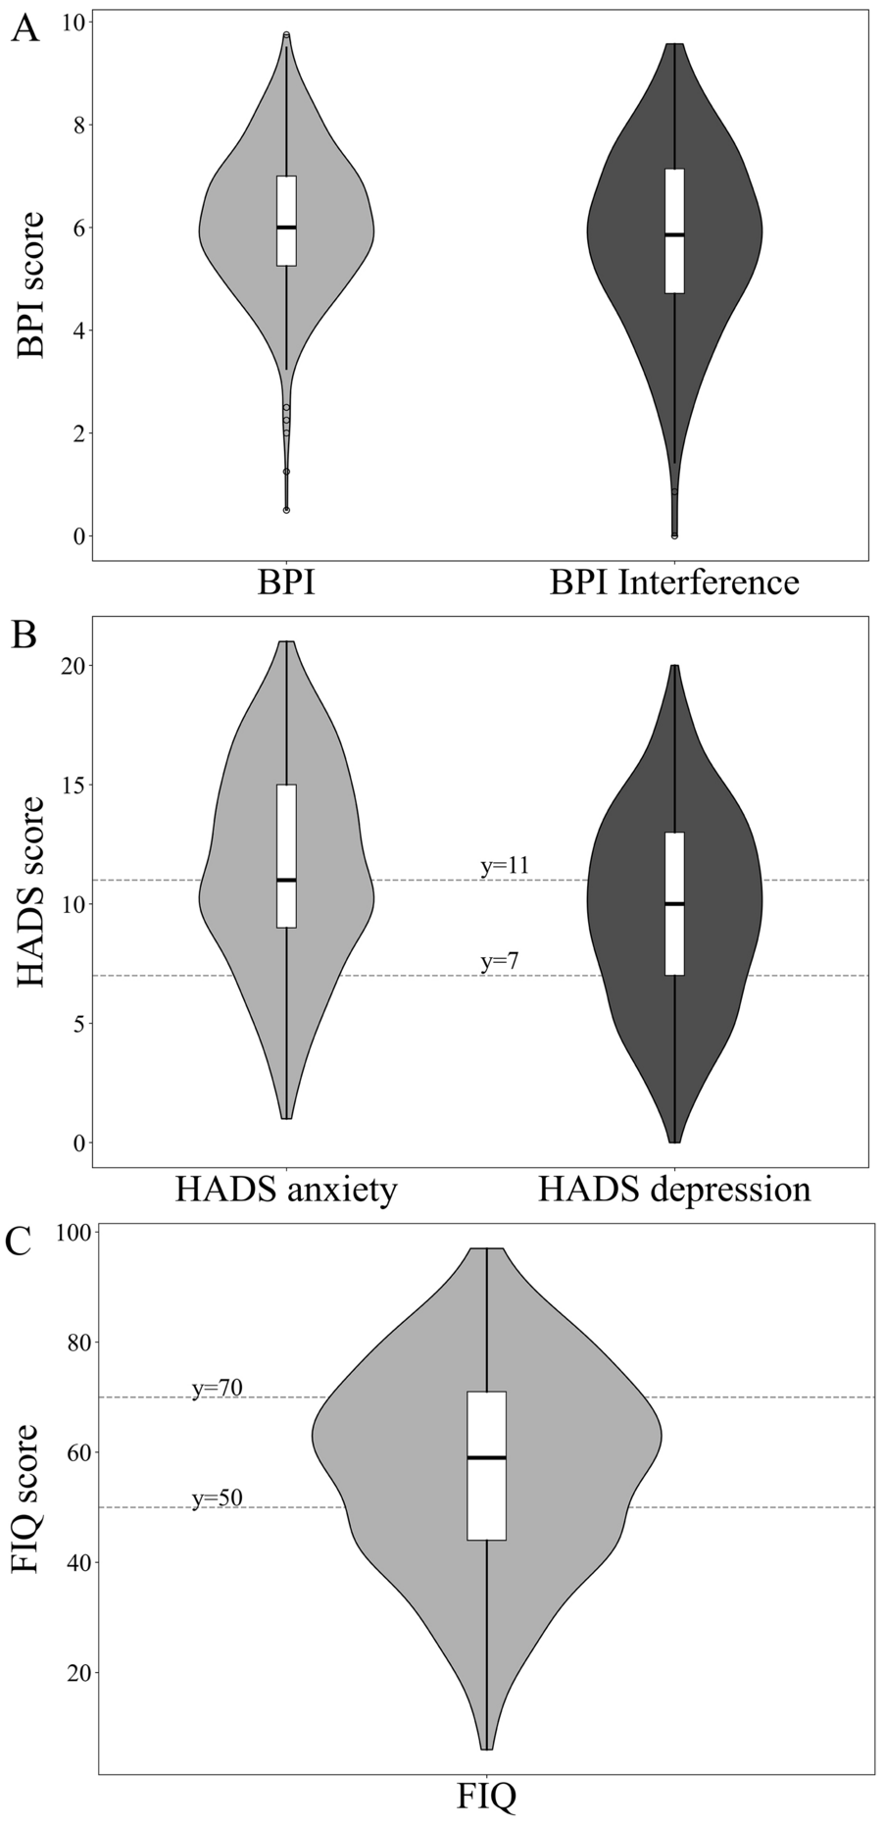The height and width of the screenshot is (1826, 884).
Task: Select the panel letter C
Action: tap(25, 1243)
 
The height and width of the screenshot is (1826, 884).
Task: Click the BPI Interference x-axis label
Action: tap(674, 583)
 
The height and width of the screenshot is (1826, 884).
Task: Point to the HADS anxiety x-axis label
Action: tap(286, 1189)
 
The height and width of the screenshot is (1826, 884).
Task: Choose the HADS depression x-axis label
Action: tap(674, 1189)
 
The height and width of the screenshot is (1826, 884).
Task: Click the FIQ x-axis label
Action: tap(486, 1797)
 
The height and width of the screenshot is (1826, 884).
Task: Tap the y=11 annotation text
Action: tap(505, 866)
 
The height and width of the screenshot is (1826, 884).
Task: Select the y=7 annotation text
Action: tap(499, 962)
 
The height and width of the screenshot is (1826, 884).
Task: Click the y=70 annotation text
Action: tap(217, 1388)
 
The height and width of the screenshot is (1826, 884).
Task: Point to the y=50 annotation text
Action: tap(217, 1497)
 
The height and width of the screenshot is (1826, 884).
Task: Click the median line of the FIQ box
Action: tap(486, 1457)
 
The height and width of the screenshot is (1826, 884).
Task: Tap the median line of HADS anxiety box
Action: tap(286, 880)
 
